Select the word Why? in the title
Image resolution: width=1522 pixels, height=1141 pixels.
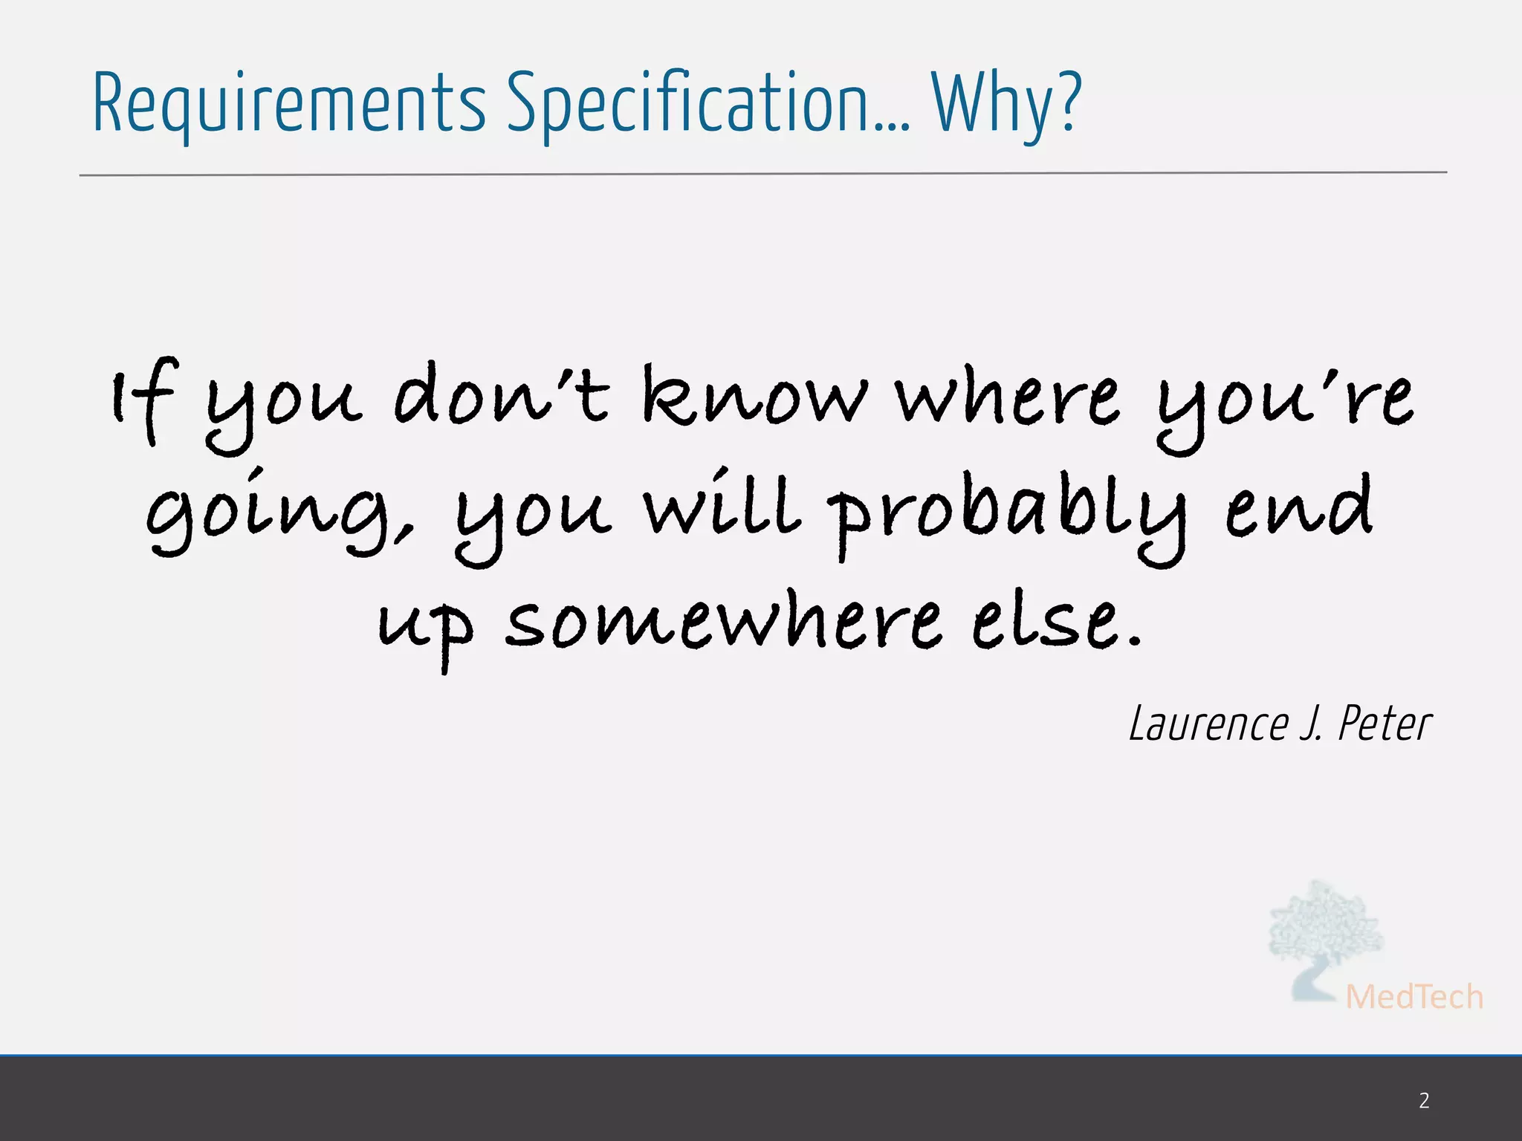pyautogui.click(x=1007, y=104)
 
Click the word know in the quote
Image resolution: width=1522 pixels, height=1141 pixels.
pyautogui.click(x=754, y=397)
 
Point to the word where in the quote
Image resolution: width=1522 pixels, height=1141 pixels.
pyautogui.click(x=1007, y=397)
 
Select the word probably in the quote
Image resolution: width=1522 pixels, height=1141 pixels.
pyautogui.click(x=1007, y=513)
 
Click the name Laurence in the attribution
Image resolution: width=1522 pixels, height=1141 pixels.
pyautogui.click(x=1208, y=724)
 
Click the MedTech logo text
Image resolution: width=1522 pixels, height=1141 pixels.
pyautogui.click(x=1413, y=997)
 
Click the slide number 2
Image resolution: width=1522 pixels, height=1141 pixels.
pyautogui.click(x=1424, y=1100)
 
